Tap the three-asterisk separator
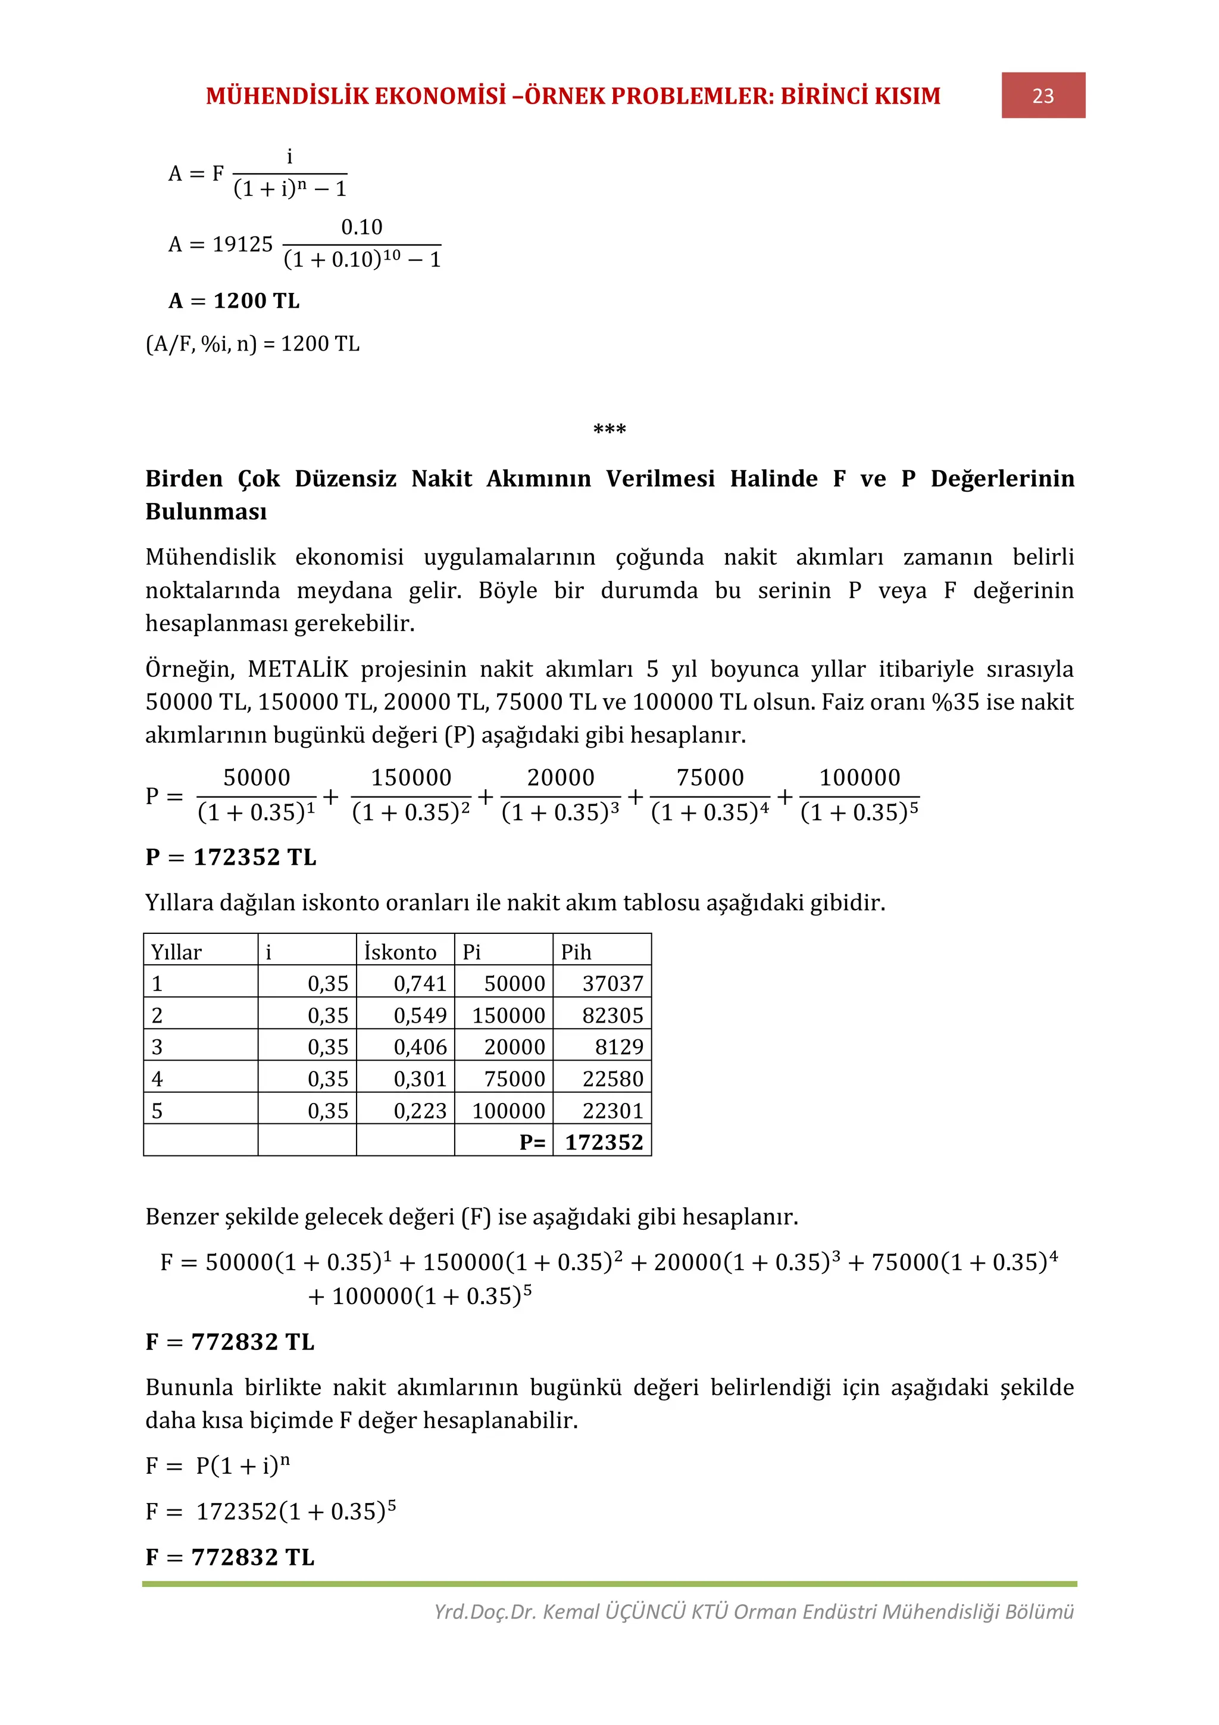(609, 430)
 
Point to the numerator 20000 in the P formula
(560, 777)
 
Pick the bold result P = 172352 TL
(230, 857)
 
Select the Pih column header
(576, 952)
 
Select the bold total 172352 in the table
(604, 1143)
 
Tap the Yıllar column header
(177, 952)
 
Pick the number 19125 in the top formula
(243, 244)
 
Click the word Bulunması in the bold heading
(206, 512)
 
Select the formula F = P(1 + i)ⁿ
(218, 1466)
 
